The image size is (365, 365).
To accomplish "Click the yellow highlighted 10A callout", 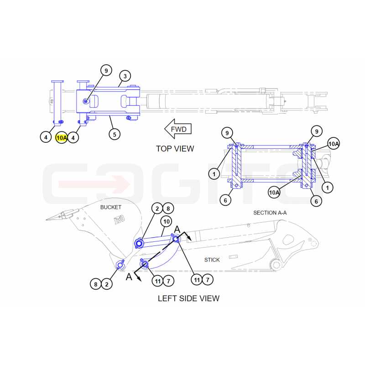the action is (62, 138).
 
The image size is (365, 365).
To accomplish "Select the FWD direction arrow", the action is (178, 129).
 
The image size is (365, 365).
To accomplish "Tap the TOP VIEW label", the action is (175, 149).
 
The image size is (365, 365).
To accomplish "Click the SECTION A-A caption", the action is (270, 213).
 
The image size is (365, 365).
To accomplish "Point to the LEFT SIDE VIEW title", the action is (188, 298).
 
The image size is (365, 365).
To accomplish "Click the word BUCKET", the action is (111, 207).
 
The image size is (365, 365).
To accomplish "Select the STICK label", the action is (212, 260).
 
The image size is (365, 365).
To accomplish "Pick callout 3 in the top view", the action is (125, 76).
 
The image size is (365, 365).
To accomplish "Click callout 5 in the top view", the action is (115, 134).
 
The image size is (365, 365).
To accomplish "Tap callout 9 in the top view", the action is (106, 70).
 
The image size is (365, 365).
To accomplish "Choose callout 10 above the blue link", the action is (167, 221).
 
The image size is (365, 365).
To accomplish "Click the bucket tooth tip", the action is (47, 219).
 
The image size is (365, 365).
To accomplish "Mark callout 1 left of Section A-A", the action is (214, 174).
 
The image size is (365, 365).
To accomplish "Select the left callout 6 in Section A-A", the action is (225, 200).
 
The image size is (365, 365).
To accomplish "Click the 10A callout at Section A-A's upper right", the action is (334, 144).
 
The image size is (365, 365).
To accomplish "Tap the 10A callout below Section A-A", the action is (274, 193).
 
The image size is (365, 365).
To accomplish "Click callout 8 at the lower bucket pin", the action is (96, 284).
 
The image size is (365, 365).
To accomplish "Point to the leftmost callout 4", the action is (46, 137).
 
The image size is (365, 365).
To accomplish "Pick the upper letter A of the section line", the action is (177, 229).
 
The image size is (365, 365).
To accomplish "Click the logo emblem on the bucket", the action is (120, 219).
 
